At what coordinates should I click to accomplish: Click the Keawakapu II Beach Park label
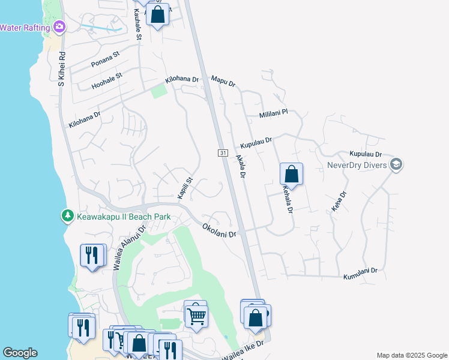pyautogui.click(x=124, y=217)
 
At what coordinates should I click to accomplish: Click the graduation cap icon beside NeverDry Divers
pyautogui.click(x=396, y=164)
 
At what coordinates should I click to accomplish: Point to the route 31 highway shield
pyautogui.click(x=223, y=154)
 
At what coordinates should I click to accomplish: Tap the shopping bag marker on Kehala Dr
pyautogui.click(x=291, y=175)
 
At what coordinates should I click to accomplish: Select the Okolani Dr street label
pyautogui.click(x=220, y=230)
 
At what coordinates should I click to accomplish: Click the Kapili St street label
pyautogui.click(x=184, y=188)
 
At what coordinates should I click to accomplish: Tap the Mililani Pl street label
pyautogui.click(x=274, y=113)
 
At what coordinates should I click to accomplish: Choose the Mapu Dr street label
pyautogui.click(x=223, y=80)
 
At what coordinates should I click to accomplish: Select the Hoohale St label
pyautogui.click(x=107, y=81)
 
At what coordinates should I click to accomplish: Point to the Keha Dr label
pyautogui.click(x=339, y=202)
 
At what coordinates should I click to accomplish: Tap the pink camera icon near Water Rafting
pyautogui.click(x=59, y=26)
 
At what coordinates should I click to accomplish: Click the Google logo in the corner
pyautogui.click(x=19, y=353)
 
